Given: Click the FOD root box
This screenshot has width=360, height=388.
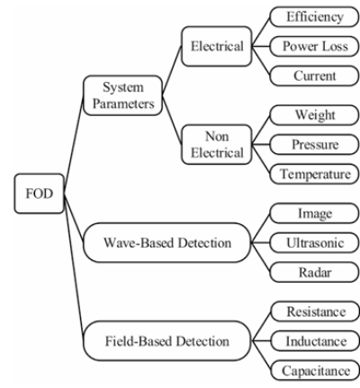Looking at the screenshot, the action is [x=40, y=194].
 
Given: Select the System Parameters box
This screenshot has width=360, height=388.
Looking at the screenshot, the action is [x=122, y=95].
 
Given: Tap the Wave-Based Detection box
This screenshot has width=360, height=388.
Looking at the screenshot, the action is [x=167, y=243].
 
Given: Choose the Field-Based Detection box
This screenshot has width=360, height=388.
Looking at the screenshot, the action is [x=167, y=341].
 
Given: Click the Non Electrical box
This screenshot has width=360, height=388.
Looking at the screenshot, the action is [x=217, y=145].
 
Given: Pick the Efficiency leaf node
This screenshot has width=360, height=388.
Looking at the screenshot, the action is [x=314, y=17].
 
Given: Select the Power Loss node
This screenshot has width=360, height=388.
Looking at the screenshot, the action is [x=314, y=46].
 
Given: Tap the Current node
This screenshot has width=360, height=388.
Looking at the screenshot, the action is [x=314, y=76].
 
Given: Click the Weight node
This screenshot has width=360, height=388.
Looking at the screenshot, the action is [x=314, y=115].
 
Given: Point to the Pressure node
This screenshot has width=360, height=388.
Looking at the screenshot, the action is [x=314, y=144].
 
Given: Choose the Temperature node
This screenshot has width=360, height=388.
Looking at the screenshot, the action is [x=314, y=174].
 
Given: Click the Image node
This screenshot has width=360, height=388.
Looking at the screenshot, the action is [x=314, y=213].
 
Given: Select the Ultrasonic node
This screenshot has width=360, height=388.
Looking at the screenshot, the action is [x=314, y=242].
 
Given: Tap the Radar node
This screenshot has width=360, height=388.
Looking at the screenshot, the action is [x=314, y=272].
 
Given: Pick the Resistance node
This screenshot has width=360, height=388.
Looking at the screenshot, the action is [x=315, y=311].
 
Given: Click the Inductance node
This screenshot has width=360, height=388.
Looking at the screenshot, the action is [x=315, y=341].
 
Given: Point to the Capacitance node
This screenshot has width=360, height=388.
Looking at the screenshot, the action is [x=315, y=370].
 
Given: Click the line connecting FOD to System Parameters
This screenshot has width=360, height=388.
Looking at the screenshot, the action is [x=74, y=144].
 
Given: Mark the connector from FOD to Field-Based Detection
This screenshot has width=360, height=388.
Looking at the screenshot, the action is [x=74, y=267].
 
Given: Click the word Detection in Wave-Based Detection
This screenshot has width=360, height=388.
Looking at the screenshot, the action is [x=204, y=243].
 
